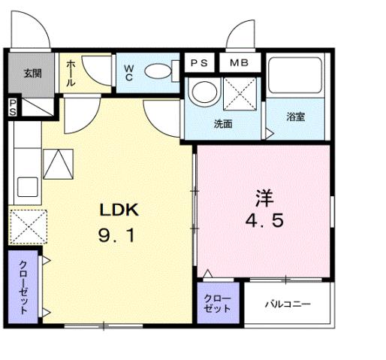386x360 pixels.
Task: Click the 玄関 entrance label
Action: (x=32, y=74)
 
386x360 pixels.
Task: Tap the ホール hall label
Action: (x=70, y=74)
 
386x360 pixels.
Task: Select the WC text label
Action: (x=128, y=72)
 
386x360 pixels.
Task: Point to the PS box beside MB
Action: (x=200, y=62)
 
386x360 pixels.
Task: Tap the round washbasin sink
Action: (x=202, y=94)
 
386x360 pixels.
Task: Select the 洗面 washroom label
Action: (x=223, y=123)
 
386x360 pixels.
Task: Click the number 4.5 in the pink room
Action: (x=263, y=223)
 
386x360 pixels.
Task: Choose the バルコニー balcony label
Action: (x=288, y=304)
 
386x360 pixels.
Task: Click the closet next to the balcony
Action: (x=219, y=303)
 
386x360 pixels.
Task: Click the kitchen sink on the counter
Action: (x=29, y=186)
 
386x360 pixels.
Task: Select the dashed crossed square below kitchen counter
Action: (x=29, y=226)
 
